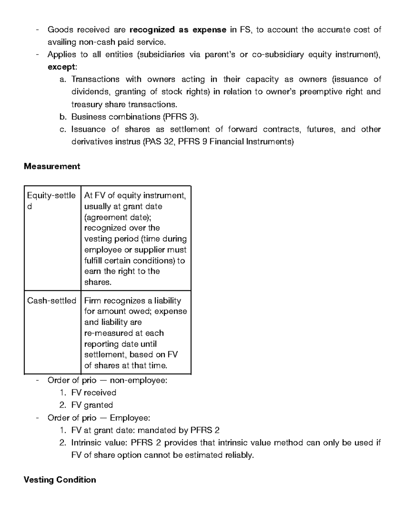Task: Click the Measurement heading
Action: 52,166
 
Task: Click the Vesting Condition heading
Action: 60,480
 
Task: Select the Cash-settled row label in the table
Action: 52,301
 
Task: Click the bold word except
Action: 62,67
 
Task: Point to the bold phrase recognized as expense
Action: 178,30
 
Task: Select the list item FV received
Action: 93,392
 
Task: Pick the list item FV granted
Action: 92,405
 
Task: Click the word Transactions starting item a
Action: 95,79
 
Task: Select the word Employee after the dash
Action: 130,418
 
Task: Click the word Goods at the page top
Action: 60,30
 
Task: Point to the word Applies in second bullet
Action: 61,54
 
